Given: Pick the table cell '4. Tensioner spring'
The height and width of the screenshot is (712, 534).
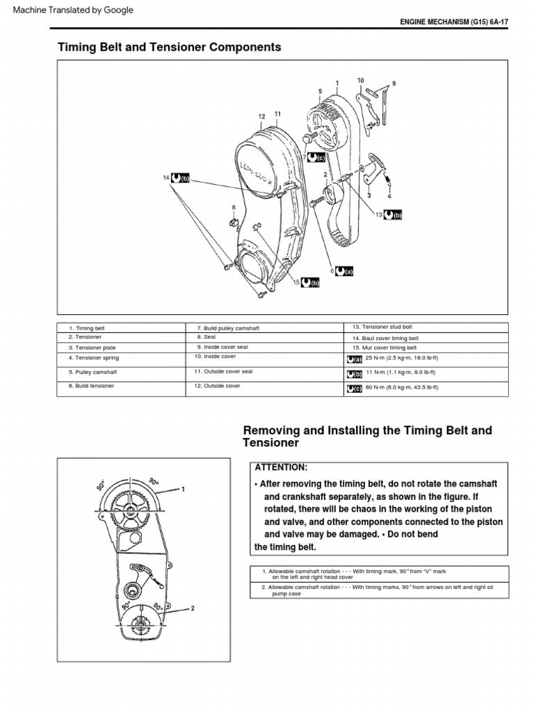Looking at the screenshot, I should click(x=94, y=358).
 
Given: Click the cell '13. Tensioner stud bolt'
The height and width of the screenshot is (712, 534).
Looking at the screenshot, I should click(x=381, y=326).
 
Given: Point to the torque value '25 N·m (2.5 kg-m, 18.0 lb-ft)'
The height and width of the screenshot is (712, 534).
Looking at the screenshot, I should click(x=402, y=358).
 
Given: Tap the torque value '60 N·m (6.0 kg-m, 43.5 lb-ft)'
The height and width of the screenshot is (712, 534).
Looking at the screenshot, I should click(x=403, y=387).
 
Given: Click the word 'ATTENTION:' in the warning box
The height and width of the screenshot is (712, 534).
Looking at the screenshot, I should click(x=281, y=467).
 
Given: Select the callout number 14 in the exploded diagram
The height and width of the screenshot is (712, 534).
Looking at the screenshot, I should click(x=166, y=179).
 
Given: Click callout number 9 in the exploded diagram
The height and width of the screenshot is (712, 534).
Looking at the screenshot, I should click(x=394, y=83).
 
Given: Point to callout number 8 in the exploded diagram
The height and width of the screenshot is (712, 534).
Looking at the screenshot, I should click(x=234, y=207).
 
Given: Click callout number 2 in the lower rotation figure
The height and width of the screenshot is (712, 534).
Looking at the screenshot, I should click(x=193, y=608).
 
